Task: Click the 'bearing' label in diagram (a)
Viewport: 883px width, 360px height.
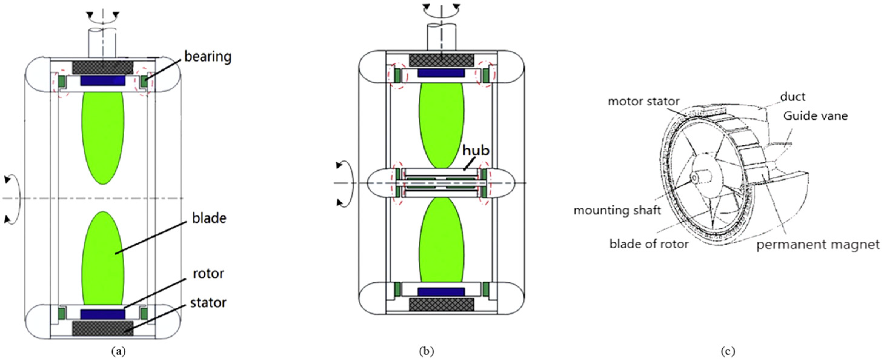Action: coord(208,57)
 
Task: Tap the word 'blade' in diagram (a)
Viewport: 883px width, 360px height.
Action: coord(209,218)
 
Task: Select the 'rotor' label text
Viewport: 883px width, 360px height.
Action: coord(208,274)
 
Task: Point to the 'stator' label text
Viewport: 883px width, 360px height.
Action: coord(208,303)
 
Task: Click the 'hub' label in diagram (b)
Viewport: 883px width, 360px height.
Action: coord(476,150)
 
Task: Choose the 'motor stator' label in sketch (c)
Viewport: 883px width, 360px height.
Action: coord(643,102)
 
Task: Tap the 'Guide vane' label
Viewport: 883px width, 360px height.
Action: coord(815,116)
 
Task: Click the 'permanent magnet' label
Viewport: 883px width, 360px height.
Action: coord(818,245)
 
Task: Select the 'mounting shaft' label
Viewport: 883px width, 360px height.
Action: coord(617,210)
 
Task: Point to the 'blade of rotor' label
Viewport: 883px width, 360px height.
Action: coord(649,244)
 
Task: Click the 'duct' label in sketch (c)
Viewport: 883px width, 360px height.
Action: coord(792,97)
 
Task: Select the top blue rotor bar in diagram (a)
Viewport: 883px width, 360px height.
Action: coord(103,81)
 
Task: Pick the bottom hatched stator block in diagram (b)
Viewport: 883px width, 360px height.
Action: coord(442,305)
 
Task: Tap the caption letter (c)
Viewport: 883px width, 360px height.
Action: coord(727,352)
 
